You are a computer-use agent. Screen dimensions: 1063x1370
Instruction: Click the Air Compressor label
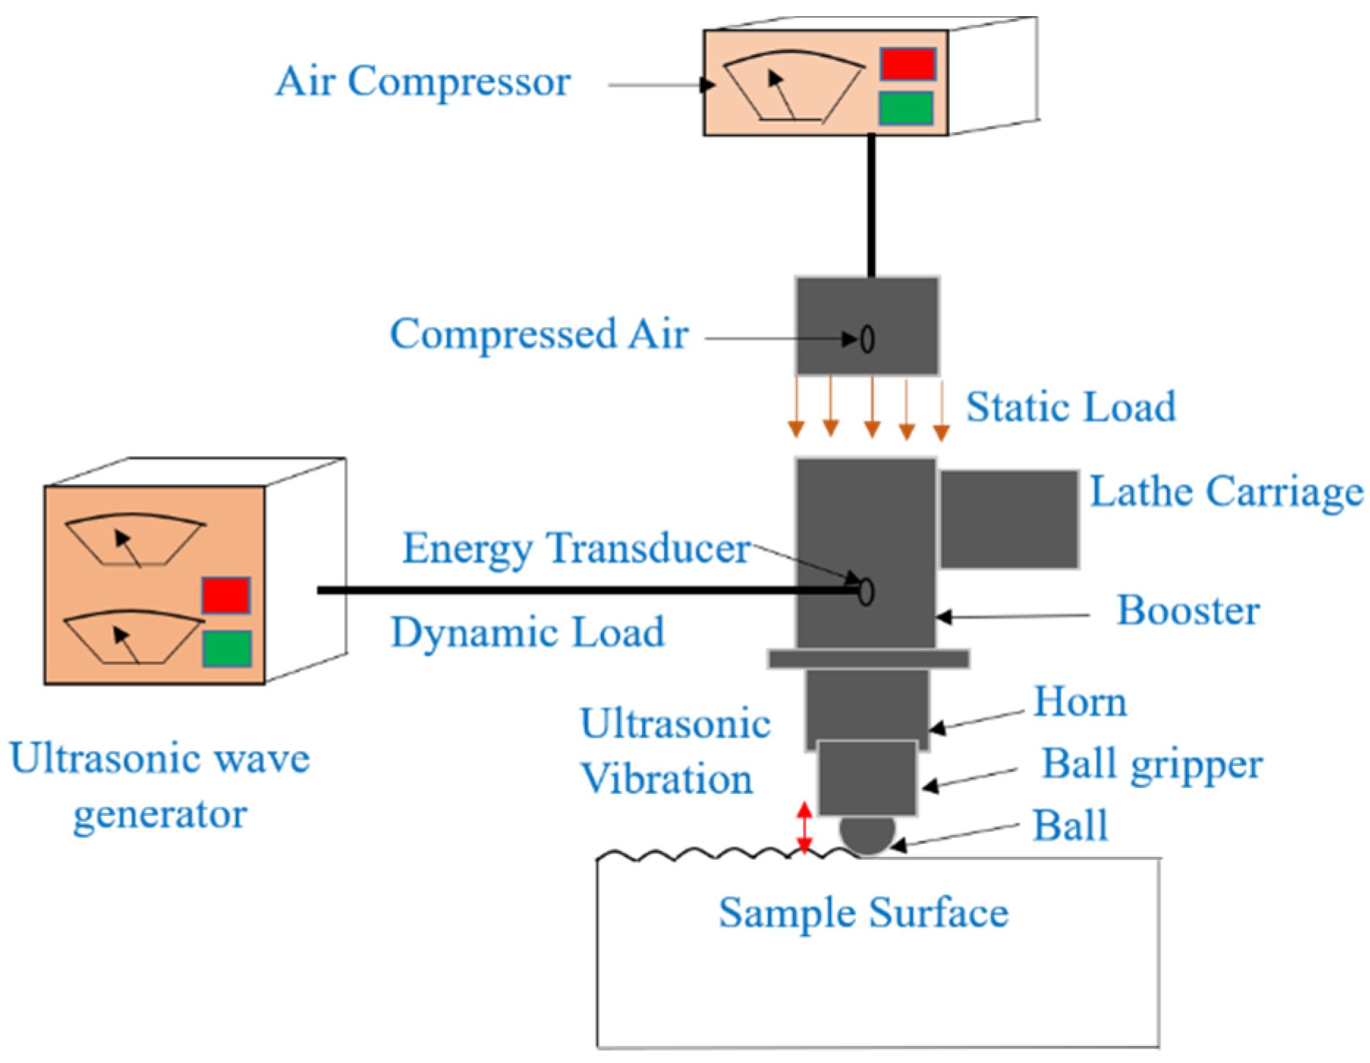click(423, 81)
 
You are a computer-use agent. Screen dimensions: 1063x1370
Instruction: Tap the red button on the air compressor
click(907, 64)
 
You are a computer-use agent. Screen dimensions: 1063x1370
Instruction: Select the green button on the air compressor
click(906, 108)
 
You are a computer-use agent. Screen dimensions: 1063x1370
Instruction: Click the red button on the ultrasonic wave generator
click(227, 595)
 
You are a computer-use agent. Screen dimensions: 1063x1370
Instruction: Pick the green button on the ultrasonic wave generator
click(227, 648)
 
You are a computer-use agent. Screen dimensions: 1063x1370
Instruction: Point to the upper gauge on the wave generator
click(134, 541)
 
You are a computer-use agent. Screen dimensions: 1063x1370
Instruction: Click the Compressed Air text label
click(539, 335)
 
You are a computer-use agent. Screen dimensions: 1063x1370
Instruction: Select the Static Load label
click(1070, 408)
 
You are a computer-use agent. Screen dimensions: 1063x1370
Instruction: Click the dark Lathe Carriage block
click(1009, 519)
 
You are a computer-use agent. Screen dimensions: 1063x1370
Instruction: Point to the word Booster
click(1187, 611)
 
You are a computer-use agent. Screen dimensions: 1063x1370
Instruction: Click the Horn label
click(1079, 702)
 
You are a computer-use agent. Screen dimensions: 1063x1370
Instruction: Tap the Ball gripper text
click(1152, 765)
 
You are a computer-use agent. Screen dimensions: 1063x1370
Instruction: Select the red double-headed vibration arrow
click(804, 828)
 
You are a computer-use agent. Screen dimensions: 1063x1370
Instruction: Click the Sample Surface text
click(863, 913)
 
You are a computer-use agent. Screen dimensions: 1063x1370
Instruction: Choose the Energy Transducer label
click(576, 548)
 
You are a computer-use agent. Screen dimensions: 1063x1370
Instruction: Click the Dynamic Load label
click(527, 633)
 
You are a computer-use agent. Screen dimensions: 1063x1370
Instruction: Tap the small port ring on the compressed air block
click(867, 339)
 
